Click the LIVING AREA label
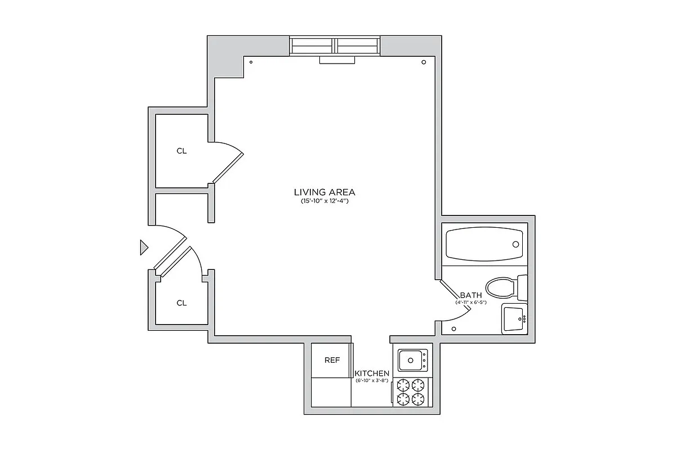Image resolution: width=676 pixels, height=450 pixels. [x=324, y=192]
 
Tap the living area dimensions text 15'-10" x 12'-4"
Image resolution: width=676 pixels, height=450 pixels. [x=324, y=201]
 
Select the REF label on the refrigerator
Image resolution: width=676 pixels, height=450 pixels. [x=332, y=360]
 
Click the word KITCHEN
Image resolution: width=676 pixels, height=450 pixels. [x=372, y=373]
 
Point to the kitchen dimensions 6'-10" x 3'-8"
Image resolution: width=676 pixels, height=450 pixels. [x=372, y=381]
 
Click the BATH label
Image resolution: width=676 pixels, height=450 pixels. [x=470, y=295]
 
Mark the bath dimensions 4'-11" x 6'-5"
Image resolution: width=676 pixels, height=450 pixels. [x=471, y=303]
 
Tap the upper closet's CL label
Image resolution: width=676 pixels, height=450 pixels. [x=181, y=151]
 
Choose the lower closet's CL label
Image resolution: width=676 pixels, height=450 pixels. [x=181, y=303]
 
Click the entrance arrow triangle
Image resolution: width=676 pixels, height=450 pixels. [x=144, y=247]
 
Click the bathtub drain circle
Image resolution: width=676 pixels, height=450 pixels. [x=515, y=244]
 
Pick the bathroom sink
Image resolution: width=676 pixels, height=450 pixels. [x=514, y=318]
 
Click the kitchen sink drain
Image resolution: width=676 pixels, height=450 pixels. [x=410, y=361]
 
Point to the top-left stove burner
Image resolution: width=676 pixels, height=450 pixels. [x=403, y=385]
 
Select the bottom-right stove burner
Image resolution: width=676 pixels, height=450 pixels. [x=417, y=399]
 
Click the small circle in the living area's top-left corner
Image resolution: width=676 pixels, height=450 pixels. [x=251, y=62]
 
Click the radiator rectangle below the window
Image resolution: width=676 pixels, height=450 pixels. [x=336, y=60]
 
